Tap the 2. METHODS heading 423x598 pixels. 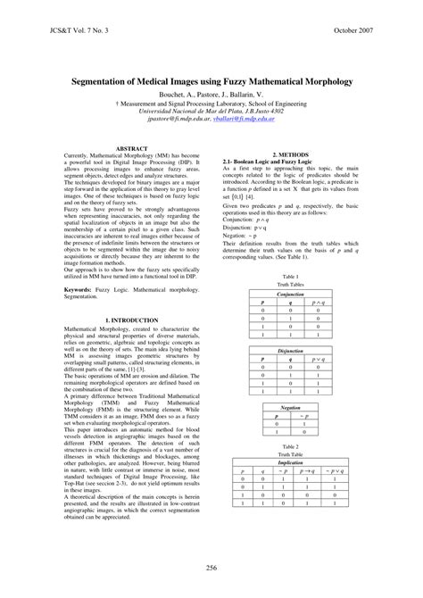pos(290,148)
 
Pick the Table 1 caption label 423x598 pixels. pos(291,278)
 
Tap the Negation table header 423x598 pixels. pos(291,407)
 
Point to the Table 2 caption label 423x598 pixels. pos(291,446)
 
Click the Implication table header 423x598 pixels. pos(291,462)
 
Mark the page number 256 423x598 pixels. pos(211,568)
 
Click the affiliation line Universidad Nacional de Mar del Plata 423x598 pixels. pos(211,110)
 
